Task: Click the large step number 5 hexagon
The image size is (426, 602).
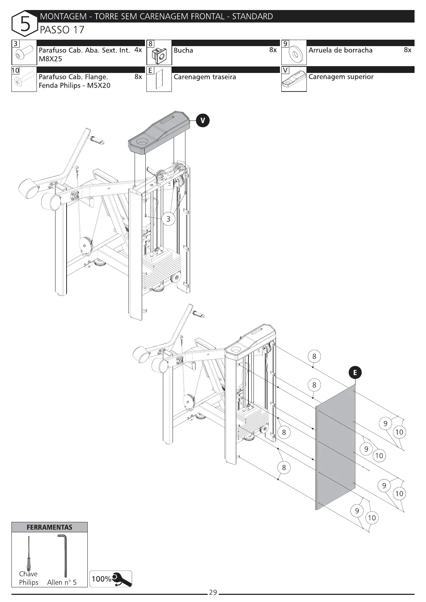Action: pyautogui.click(x=25, y=24)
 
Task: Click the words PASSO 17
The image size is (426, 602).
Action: pyautogui.click(x=62, y=30)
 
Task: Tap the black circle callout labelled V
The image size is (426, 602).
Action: pyautogui.click(x=203, y=121)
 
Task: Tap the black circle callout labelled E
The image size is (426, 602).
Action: pyautogui.click(x=355, y=373)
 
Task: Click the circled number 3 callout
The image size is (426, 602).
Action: pyautogui.click(x=168, y=219)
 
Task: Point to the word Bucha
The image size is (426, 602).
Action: pyautogui.click(x=183, y=50)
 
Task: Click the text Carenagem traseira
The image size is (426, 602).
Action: pyautogui.click(x=205, y=77)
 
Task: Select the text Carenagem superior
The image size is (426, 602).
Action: pyautogui.click(x=341, y=77)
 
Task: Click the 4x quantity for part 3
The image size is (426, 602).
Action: pyautogui.click(x=138, y=50)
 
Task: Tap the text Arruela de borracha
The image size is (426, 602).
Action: pyautogui.click(x=340, y=50)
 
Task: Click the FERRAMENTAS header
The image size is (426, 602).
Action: pyautogui.click(x=49, y=527)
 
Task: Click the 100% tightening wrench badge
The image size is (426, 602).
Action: pyautogui.click(x=111, y=579)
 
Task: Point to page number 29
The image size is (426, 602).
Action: pyautogui.click(x=213, y=592)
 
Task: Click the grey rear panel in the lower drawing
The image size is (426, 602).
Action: pyautogui.click(x=336, y=447)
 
